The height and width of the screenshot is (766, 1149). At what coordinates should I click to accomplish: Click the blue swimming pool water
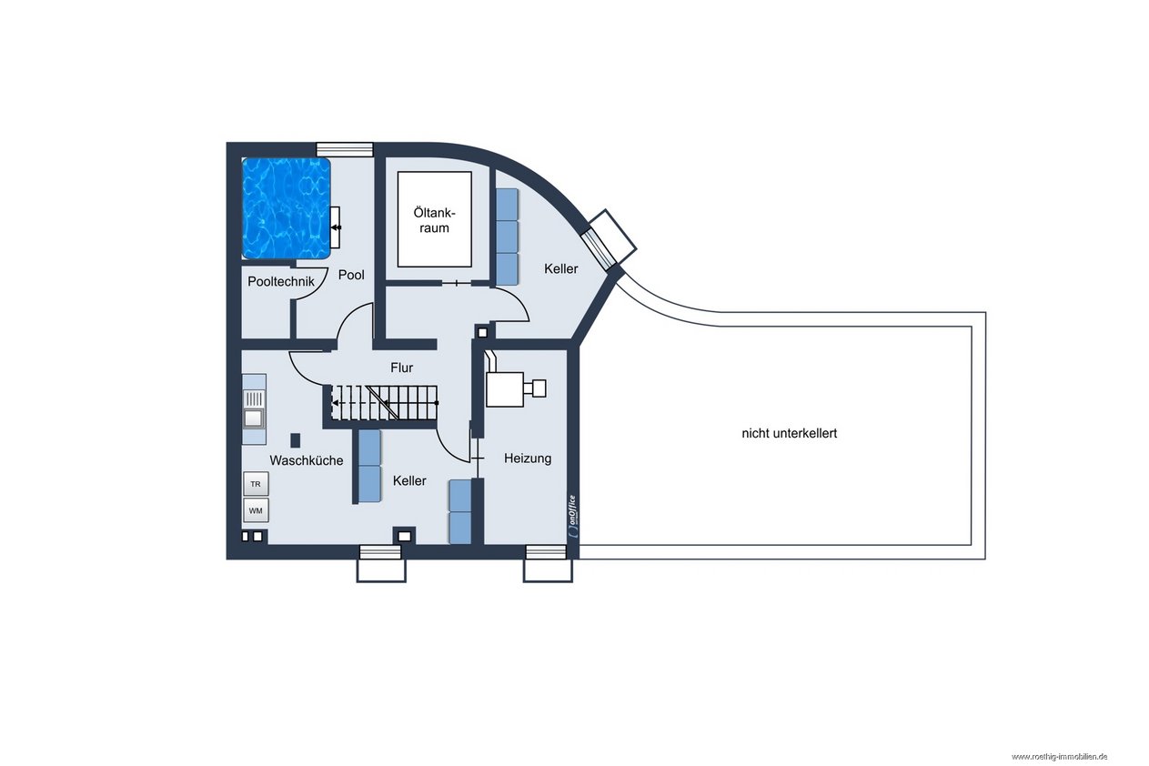coord(286,207)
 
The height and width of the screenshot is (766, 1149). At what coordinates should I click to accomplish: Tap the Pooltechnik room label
coord(281,281)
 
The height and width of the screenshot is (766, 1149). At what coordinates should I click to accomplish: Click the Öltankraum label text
coord(434,220)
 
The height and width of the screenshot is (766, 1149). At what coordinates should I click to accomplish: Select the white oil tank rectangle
coord(435,219)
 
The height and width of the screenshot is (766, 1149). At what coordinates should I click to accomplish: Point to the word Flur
coord(401,368)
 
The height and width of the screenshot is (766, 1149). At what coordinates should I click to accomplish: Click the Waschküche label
coord(307,460)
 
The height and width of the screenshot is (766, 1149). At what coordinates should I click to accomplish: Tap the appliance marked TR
coord(256,484)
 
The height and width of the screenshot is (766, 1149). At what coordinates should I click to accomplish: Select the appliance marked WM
coord(256,510)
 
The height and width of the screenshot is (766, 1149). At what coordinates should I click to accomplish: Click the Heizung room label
coord(528,459)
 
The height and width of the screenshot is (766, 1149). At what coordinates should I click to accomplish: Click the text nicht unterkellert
coord(789,433)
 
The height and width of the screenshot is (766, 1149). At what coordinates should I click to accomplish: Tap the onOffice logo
coord(572,516)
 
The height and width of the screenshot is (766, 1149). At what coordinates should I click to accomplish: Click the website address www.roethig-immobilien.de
coord(1060,757)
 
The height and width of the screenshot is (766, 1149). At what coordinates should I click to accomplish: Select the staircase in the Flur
coord(384,403)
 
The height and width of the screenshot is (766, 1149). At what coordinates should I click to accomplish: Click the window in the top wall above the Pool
coord(344,149)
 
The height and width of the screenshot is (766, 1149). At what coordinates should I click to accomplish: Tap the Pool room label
coord(351,275)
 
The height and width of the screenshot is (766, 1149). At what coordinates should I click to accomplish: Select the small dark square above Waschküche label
coord(296,440)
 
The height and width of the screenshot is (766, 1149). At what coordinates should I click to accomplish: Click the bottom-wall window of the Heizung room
coord(546,552)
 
